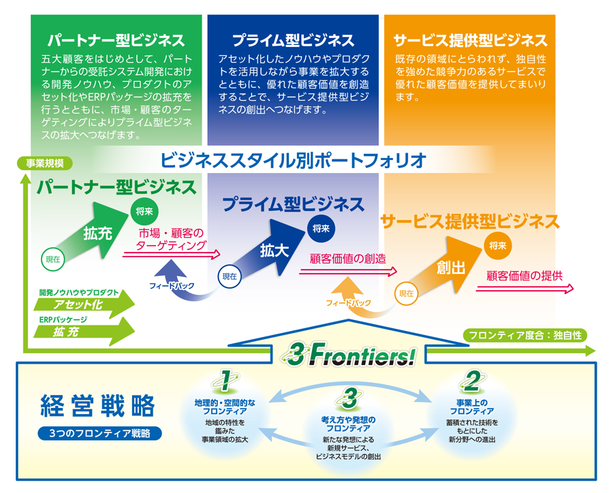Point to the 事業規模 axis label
(x=44, y=163)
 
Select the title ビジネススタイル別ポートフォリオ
(x=294, y=161)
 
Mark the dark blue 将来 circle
(x=319, y=228)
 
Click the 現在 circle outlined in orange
(x=407, y=293)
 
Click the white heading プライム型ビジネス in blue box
(x=292, y=39)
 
